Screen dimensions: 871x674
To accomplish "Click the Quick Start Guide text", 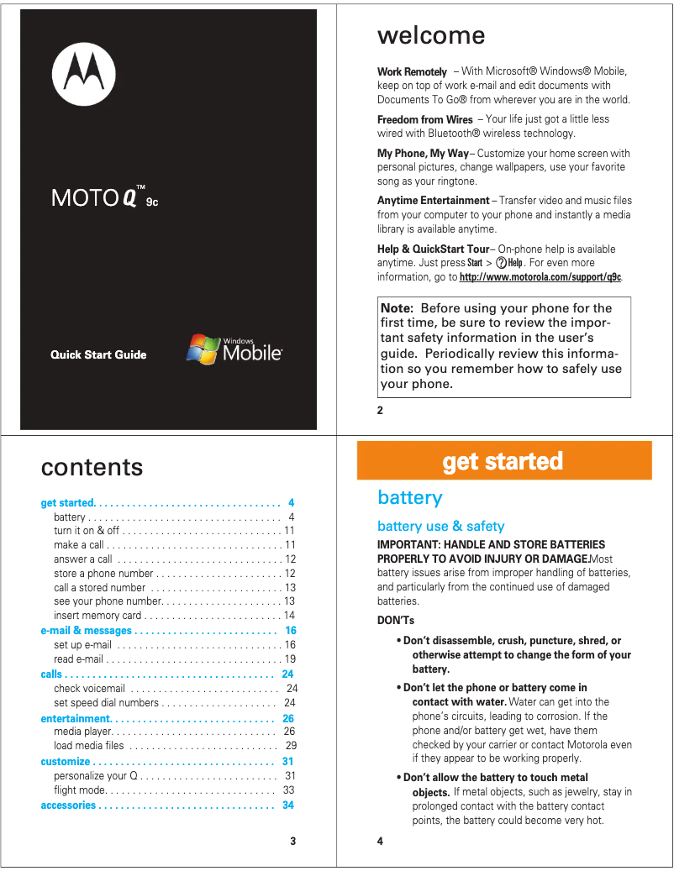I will click(98, 354).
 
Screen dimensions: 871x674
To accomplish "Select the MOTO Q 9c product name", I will click(104, 197).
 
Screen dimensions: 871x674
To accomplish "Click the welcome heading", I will click(431, 35).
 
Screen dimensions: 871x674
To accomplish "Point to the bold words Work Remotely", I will click(412, 72).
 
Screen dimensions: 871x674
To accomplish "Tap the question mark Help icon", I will click(502, 263).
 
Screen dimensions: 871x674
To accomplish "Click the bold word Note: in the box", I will click(397, 308).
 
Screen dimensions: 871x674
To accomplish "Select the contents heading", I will click(92, 467).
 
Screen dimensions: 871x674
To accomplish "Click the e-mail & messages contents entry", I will click(87, 631).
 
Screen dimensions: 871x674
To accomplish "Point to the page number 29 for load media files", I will click(291, 746).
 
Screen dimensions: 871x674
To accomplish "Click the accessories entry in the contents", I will click(68, 805).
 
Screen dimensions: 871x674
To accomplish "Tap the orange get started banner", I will click(503, 461).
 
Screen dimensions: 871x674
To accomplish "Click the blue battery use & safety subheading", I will click(440, 527).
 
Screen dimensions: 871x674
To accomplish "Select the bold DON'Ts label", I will click(396, 621).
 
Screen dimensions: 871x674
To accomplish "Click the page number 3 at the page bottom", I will click(292, 841).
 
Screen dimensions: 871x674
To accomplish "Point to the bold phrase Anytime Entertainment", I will click(433, 201).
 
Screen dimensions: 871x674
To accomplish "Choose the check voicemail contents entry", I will click(89, 689).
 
